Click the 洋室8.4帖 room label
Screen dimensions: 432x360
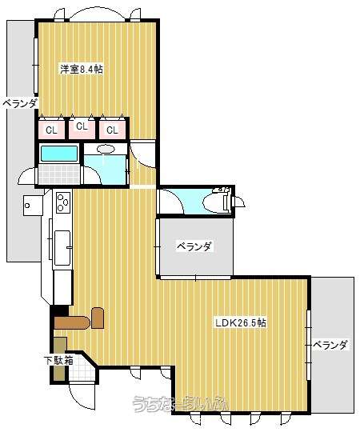pos(82,70)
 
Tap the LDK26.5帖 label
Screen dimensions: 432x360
pos(240,323)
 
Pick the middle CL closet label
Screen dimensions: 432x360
pos(81,126)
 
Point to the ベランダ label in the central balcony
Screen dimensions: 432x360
pos(194,246)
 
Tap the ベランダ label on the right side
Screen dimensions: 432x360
pos(330,345)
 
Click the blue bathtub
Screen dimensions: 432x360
pos(58,153)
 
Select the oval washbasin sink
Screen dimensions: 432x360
pos(105,149)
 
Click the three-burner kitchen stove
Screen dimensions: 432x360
pos(62,206)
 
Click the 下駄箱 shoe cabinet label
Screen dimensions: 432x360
pos(58,360)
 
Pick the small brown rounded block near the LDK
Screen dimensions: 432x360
pos(98,317)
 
